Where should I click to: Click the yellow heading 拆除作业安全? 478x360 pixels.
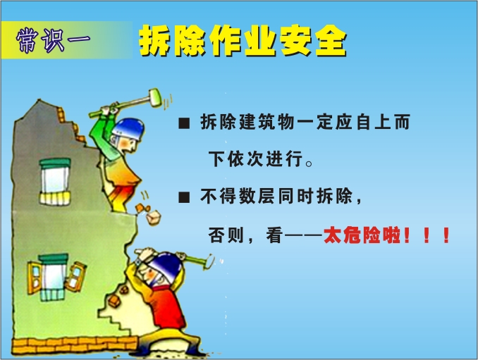click(243, 41)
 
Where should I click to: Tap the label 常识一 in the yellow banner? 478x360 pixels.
click(54, 40)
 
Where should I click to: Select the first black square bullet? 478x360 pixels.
click(184, 123)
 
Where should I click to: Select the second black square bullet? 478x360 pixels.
click(184, 197)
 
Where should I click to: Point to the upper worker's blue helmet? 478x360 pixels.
click(128, 128)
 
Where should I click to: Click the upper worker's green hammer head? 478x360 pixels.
click(155, 97)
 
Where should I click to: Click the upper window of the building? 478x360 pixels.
click(55, 182)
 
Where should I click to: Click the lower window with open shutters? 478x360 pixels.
click(56, 277)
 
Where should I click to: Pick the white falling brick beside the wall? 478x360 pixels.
click(153, 218)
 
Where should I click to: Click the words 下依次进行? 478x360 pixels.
click(256, 159)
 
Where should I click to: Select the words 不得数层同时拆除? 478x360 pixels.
click(276, 196)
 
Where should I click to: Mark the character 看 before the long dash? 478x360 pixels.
click(274, 235)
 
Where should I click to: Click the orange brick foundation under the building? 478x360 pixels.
click(75, 346)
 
